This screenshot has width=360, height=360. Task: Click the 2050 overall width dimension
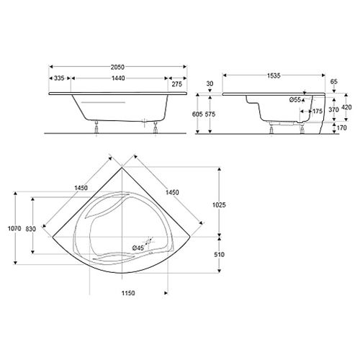(x=117, y=67)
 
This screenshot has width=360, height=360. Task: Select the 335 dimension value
(x=59, y=78)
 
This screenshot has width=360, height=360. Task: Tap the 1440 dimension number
(x=118, y=78)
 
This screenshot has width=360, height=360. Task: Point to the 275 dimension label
(x=177, y=84)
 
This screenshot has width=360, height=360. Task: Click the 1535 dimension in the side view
(x=274, y=76)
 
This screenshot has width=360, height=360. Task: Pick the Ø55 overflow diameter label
(x=295, y=99)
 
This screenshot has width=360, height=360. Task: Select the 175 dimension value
(x=318, y=112)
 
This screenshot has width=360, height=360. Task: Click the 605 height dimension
(x=197, y=114)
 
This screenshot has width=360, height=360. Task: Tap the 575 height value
(x=210, y=114)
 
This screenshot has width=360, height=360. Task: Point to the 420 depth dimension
(x=346, y=107)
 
